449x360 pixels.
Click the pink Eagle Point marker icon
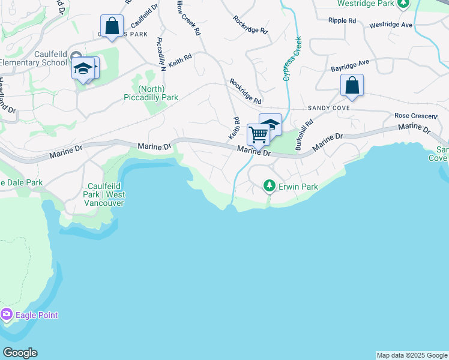pyautogui.click(x=7, y=314)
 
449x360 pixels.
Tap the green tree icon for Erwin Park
pyautogui.click(x=270, y=186)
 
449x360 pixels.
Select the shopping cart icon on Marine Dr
pyautogui.click(x=259, y=134)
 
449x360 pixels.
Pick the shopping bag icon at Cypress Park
pyautogui.click(x=112, y=26)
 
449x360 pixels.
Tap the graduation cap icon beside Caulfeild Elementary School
pyautogui.click(x=83, y=69)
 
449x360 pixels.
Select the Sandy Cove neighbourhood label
pyautogui.click(x=328, y=108)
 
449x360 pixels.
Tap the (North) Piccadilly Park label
pyautogui.click(x=150, y=93)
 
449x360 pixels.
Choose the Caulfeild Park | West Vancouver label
pyautogui.click(x=106, y=194)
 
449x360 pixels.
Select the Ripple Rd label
pyautogui.click(x=342, y=20)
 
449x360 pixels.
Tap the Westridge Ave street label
pyautogui.click(x=391, y=25)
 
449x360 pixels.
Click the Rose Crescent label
pyautogui.click(x=415, y=115)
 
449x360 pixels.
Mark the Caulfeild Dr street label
pyautogui.click(x=144, y=17)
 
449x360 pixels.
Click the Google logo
pyautogui.click(x=20, y=353)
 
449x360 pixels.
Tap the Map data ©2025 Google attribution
pyautogui.click(x=412, y=355)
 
